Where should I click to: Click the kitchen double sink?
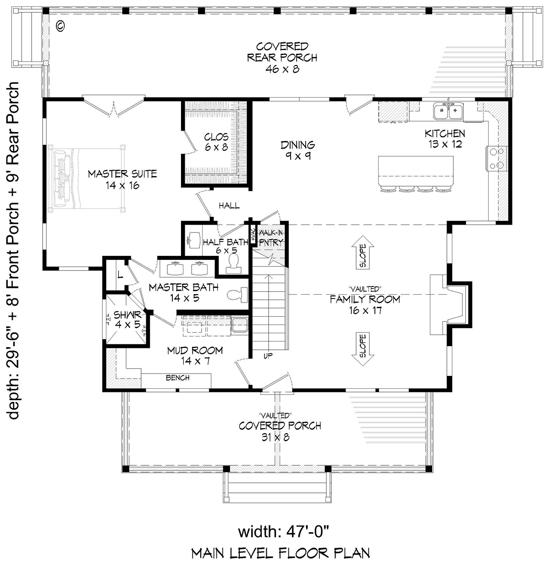coord(448,111)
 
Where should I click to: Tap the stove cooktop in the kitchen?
coord(496,158)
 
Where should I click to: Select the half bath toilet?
coord(233,263)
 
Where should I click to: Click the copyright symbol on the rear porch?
coord(60,26)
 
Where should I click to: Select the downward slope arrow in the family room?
coord(363,349)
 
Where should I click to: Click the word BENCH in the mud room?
coord(177,378)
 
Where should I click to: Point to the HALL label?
coord(229,206)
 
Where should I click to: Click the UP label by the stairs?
coord(268,356)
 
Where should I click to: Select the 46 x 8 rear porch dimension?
coord(282,69)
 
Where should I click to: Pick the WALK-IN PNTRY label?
coord(271,237)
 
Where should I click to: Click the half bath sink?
coord(194,240)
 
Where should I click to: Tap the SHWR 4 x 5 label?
coord(127,320)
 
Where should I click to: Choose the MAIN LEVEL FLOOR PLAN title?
coord(280,553)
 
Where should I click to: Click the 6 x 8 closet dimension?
coord(217,147)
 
